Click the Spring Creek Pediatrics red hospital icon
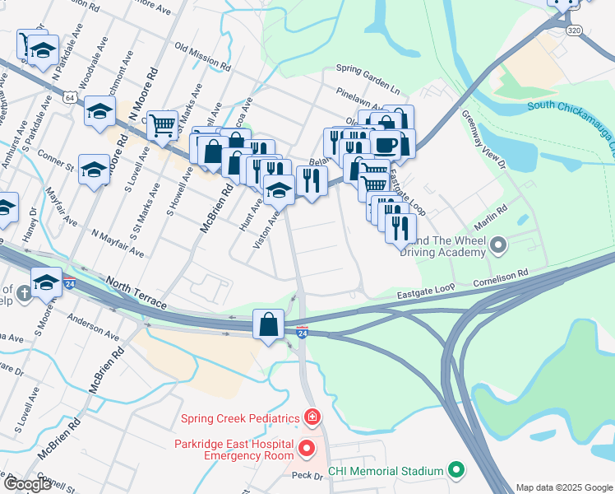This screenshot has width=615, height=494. pos(311,418)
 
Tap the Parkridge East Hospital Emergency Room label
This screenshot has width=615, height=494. pos(234,450)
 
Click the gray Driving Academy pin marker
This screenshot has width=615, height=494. pos(498,245)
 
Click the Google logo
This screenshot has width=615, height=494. pos(27,484)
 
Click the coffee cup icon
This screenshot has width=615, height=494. pos(385,145)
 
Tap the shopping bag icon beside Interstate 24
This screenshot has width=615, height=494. pos(269,323)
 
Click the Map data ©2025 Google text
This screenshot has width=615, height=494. pos(563,487)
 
